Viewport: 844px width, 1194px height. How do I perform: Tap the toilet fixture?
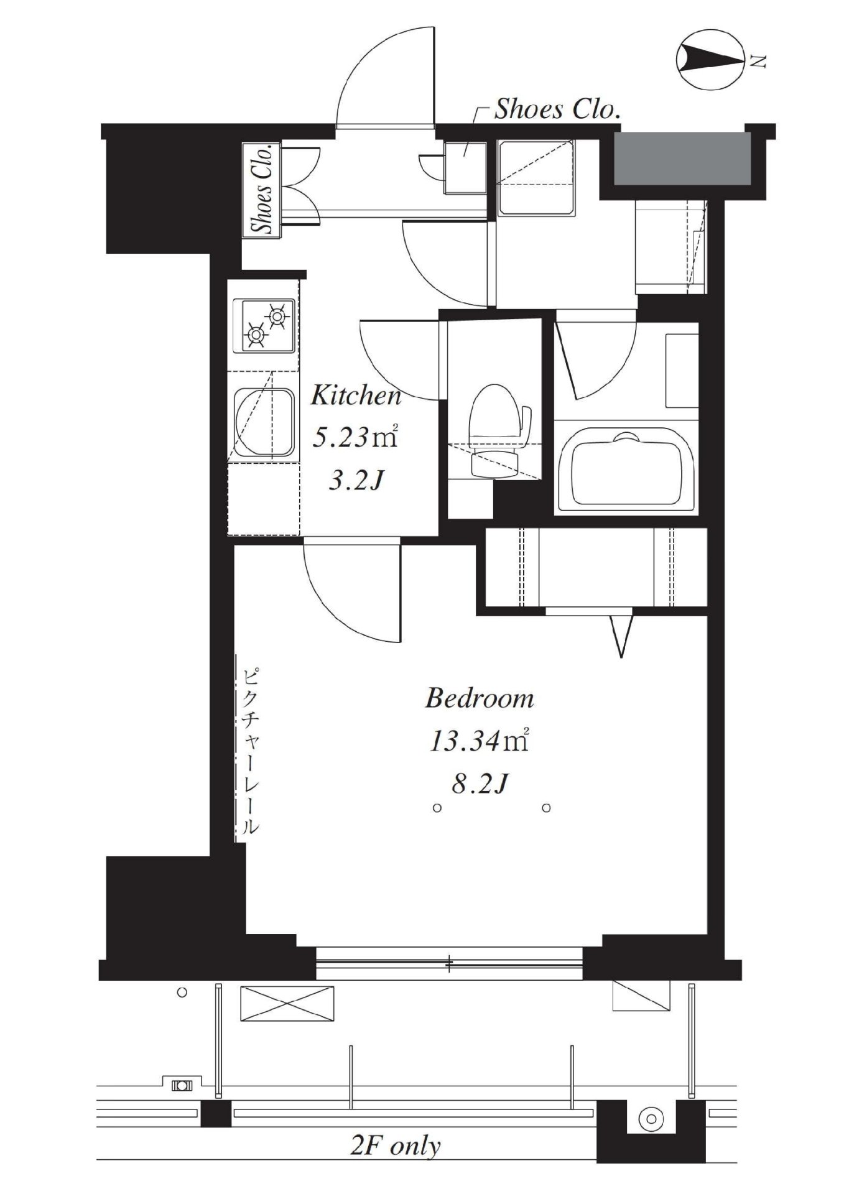coord(495,430)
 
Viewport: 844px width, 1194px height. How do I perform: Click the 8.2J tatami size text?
coord(479,785)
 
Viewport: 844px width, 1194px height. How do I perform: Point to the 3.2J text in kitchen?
coord(354,481)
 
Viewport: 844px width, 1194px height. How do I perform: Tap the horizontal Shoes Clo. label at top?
coord(557,109)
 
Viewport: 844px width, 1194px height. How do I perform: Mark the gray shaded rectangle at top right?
coord(682,158)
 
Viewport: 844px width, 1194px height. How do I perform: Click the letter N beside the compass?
coord(758,61)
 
